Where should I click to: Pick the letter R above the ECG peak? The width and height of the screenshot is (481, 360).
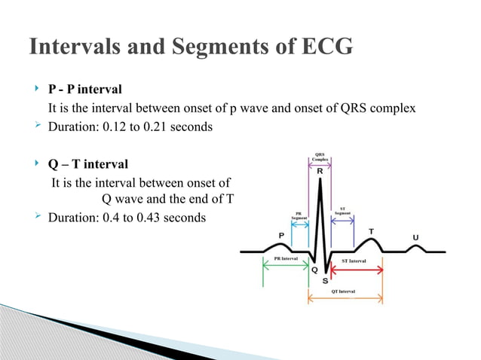point(320,172)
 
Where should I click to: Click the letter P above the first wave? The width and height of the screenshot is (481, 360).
point(282,234)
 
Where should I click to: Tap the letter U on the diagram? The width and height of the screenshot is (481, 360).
point(415,236)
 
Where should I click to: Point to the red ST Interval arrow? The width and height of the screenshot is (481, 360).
point(354,267)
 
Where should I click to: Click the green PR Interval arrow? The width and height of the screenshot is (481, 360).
point(285,264)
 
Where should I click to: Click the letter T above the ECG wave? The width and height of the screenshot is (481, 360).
point(370,230)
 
